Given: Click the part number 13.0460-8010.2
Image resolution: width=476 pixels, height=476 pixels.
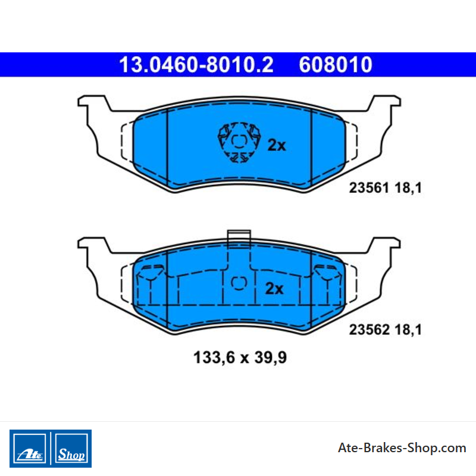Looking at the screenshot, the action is (196, 64).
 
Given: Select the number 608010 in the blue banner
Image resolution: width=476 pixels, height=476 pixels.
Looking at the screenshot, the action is (336, 64).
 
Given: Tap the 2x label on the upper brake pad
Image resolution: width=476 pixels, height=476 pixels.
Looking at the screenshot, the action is (277, 145).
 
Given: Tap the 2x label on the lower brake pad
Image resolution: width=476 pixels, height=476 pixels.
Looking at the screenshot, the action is (274, 289).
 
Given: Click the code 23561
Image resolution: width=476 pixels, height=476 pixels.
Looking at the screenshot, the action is (369, 187).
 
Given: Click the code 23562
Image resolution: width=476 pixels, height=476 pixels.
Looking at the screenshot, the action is (369, 330).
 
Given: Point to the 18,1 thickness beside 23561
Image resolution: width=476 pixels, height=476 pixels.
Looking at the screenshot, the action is (408, 188).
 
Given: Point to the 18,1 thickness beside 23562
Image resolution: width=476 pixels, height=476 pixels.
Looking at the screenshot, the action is (408, 330).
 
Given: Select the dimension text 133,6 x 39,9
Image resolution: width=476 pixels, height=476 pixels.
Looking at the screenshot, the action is (240, 358).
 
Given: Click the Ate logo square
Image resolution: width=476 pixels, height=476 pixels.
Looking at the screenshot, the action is (29, 449).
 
